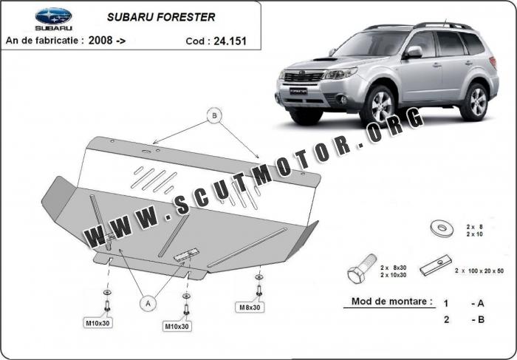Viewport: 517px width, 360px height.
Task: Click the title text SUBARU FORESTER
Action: [x=161, y=17]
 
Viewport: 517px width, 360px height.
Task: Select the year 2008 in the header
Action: [x=100, y=40]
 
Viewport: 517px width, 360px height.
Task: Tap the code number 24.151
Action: [x=230, y=41]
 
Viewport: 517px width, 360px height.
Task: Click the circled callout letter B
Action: [x=214, y=115]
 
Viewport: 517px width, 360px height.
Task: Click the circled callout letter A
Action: [x=148, y=303]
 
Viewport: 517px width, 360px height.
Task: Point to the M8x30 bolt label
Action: [x=250, y=308]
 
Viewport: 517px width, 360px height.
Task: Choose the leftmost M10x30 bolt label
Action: [x=97, y=323]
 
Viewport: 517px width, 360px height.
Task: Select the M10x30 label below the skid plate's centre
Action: [x=177, y=326]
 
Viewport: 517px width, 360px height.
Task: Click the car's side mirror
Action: [x=413, y=52]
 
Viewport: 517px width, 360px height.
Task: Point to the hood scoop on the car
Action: [x=325, y=59]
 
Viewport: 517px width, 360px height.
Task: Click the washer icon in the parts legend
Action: [x=442, y=228]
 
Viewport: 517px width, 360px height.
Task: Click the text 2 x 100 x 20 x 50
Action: [x=479, y=271]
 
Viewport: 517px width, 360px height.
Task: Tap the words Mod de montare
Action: [x=391, y=302]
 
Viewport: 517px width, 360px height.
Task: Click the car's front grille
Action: [x=304, y=77]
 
